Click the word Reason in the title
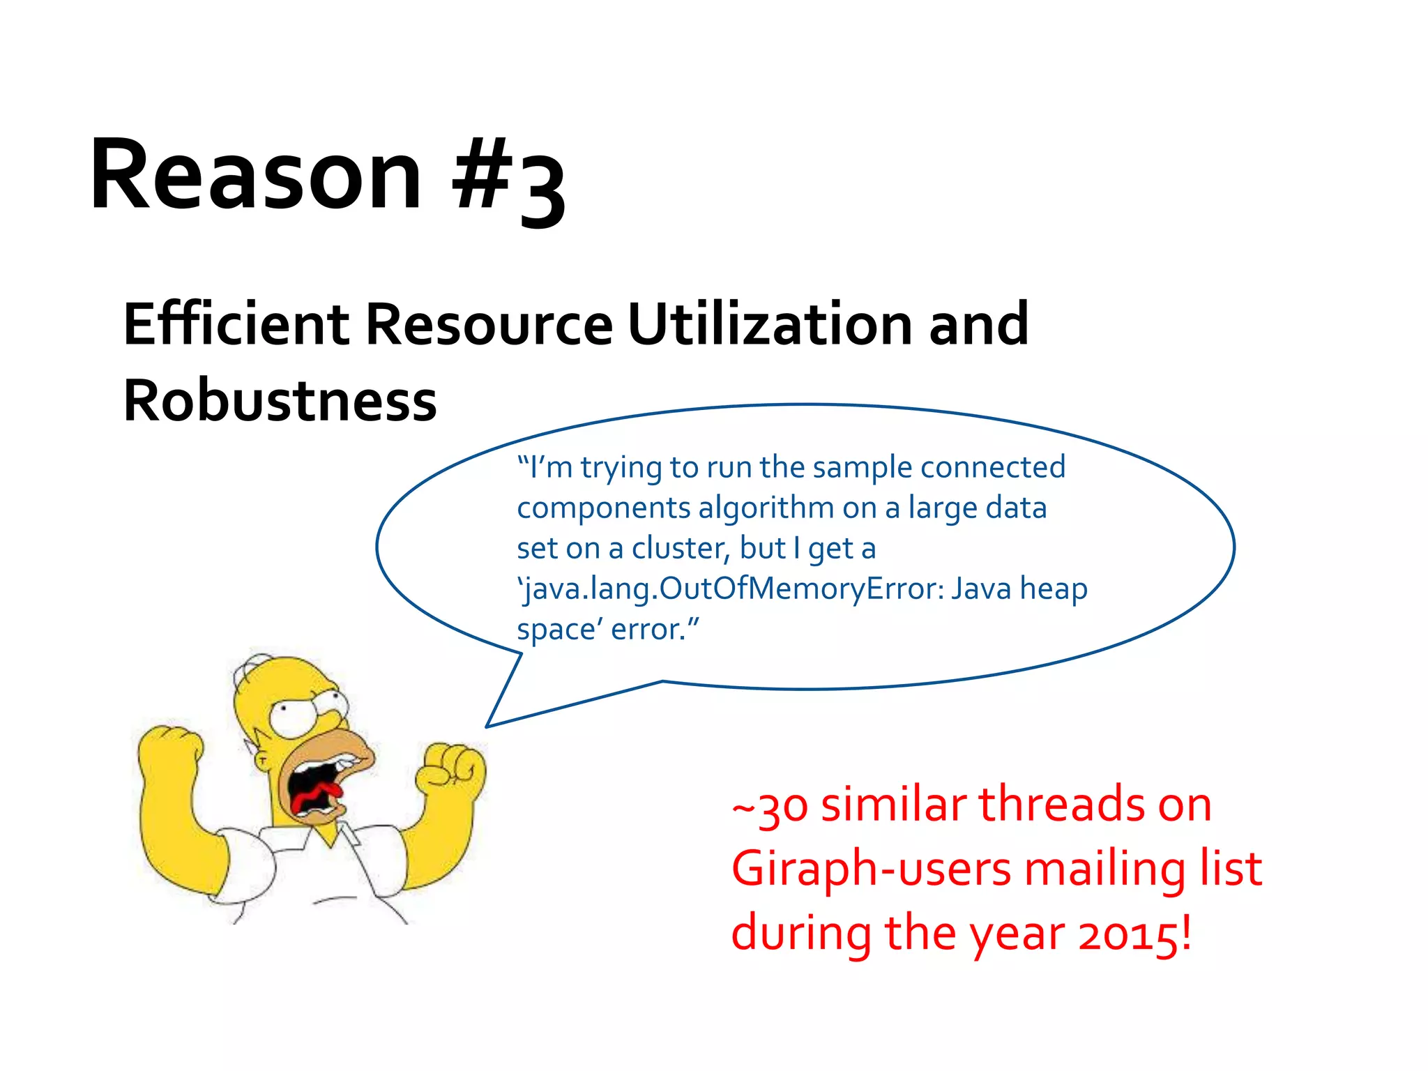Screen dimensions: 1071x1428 coord(255,174)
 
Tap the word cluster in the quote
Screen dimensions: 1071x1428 coord(679,549)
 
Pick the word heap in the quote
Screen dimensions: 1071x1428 coord(1053,589)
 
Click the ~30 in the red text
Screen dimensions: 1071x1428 coord(770,807)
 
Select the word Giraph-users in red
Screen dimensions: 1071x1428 coord(872,870)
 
